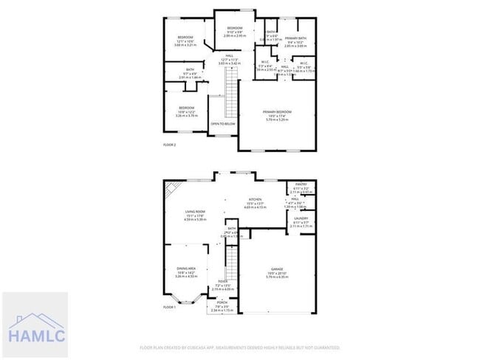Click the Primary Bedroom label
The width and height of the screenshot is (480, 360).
tap(278, 112)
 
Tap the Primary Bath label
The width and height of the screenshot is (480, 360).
tap(295, 38)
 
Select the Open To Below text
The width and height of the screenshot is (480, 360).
tap(223, 124)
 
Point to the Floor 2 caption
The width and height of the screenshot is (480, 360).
tap(170, 145)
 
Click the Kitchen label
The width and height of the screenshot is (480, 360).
tap(255, 200)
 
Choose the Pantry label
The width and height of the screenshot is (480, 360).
tap(301, 184)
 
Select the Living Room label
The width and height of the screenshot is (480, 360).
tap(195, 212)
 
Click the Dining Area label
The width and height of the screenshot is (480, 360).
tap(186, 269)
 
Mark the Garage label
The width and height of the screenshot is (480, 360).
tap(277, 269)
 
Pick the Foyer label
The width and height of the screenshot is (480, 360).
tap(222, 282)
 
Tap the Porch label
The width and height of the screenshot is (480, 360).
tap(222, 303)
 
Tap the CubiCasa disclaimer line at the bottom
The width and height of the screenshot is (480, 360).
tap(240, 347)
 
